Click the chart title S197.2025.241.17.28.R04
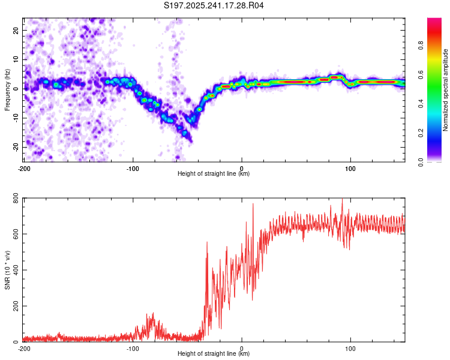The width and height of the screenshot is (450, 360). pyautogui.click(x=214, y=6)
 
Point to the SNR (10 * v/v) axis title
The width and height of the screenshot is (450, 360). pyautogui.click(x=7, y=271)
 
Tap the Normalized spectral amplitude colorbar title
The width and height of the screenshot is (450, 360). pyautogui.click(x=446, y=90)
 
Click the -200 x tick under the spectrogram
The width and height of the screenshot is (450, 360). pyautogui.click(x=24, y=167)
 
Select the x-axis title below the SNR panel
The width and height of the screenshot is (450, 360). pyautogui.click(x=214, y=354)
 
